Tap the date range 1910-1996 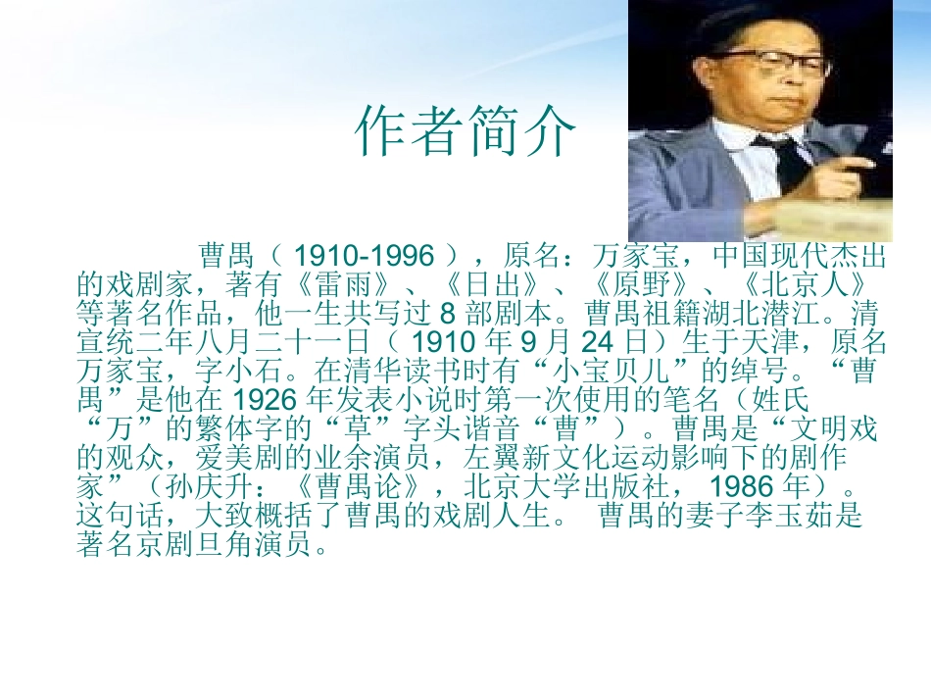click(364, 257)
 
